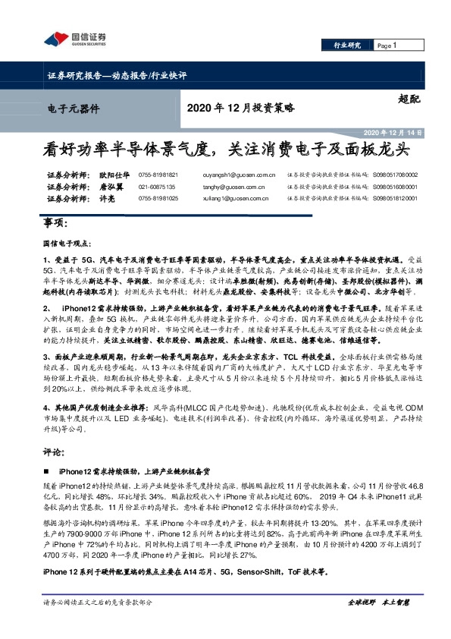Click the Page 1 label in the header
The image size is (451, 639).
click(387, 46)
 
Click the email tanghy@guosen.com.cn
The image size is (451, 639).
click(227, 186)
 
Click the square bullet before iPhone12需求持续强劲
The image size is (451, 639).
click(50, 471)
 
